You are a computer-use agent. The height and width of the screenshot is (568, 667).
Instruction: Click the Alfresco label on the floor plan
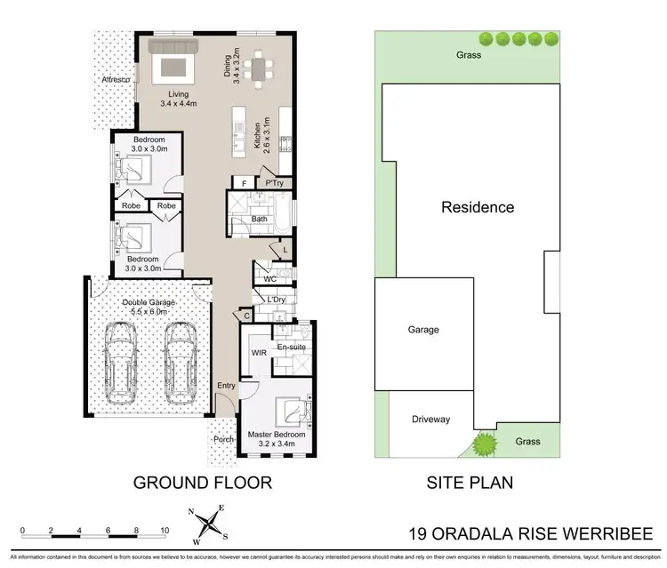coord(117,81)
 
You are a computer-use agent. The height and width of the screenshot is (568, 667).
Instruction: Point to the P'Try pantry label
coord(274,183)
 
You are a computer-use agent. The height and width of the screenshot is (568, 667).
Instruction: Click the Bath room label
coord(260,218)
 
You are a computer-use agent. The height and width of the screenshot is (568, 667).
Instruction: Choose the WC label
coord(270,279)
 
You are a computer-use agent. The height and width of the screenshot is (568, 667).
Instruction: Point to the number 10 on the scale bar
coord(165,530)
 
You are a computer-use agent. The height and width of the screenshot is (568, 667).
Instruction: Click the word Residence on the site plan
coord(478,208)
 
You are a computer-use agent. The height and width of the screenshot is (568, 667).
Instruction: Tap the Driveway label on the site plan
coord(432,420)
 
